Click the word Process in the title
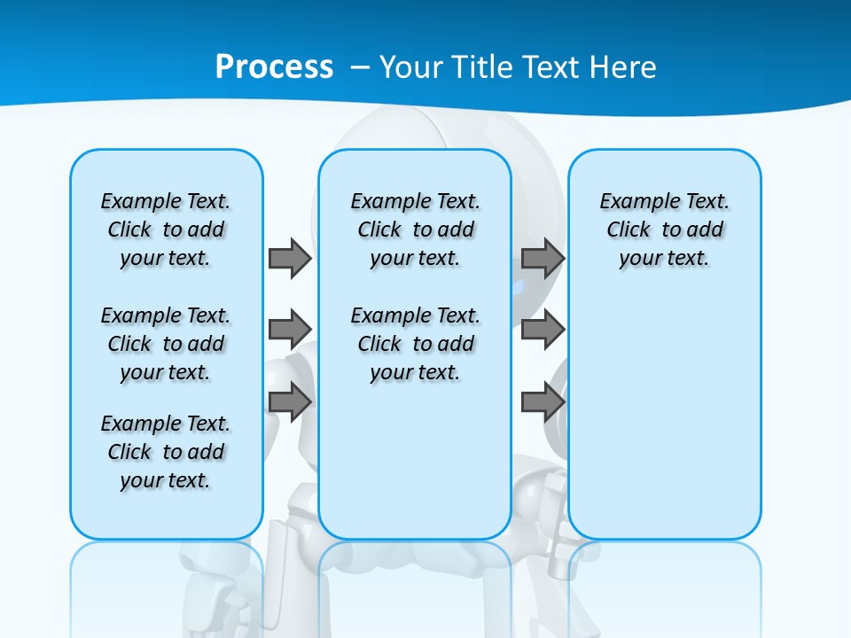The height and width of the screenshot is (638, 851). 274,66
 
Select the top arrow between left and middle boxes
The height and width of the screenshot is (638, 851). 290,258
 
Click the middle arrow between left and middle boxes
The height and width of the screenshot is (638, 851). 290,330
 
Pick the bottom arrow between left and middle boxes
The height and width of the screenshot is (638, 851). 290,401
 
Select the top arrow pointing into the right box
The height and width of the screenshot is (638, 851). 543,258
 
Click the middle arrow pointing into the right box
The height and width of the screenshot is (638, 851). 543,330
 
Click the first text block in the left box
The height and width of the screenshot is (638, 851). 166,230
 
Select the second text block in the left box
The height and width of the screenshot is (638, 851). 166,344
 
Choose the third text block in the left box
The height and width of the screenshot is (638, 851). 166,452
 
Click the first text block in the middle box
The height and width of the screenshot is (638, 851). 415,230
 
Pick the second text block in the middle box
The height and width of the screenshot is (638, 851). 415,344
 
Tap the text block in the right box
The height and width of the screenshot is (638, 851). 664,230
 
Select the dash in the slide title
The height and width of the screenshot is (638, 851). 361,66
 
